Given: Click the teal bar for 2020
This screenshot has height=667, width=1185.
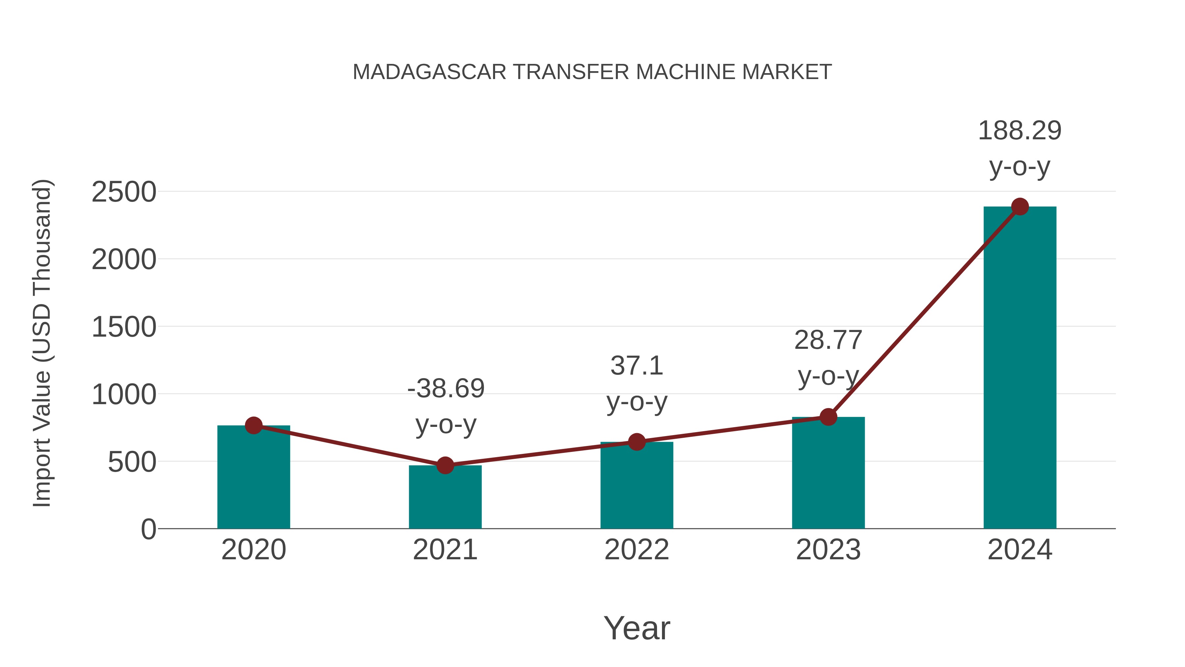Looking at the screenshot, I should coord(253,479).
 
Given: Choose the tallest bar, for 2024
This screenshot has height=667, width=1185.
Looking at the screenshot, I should coord(1020,368).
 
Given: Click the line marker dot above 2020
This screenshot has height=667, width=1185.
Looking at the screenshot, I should coord(254,425).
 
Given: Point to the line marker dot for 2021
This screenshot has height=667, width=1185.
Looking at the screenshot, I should coord(445,465).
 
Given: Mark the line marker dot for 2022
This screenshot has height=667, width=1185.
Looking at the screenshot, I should coord(637,442).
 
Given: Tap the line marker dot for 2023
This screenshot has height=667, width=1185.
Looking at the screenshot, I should coord(828,417).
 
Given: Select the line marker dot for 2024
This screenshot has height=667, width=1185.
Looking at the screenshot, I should coord(1020,207).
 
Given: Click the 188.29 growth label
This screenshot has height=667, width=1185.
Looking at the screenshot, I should coord(1019,131).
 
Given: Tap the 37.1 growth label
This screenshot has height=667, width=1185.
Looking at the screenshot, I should coord(637,366).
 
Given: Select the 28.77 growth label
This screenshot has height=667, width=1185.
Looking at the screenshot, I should coord(828,341).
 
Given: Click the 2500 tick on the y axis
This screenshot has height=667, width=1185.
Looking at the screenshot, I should coord(124,192).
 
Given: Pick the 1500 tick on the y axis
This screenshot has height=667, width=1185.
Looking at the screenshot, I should coord(124,328).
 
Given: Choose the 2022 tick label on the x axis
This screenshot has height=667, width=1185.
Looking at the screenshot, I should coord(637,550).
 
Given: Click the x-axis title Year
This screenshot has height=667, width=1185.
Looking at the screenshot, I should coord(637,628).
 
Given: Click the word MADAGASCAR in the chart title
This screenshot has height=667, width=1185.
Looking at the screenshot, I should coord(429,72).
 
